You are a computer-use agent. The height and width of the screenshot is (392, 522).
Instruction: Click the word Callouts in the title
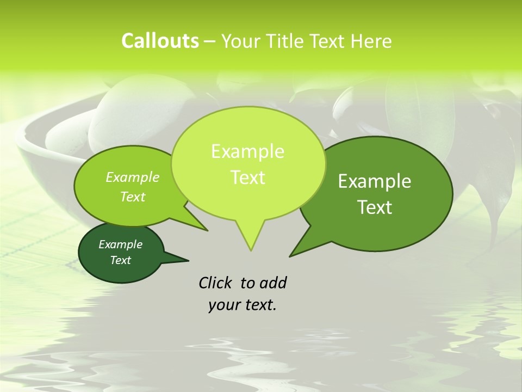tap(160, 41)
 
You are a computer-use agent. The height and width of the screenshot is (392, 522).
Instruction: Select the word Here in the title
tap(371, 41)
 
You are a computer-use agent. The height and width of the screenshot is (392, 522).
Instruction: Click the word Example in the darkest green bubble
tap(120, 244)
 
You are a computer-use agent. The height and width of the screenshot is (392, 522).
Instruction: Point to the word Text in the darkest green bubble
tap(120, 260)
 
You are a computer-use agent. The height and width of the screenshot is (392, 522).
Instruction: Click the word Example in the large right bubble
tap(375, 181)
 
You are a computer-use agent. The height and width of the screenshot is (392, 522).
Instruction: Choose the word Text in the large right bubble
tap(375, 207)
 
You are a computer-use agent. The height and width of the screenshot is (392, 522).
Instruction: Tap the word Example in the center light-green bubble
tap(247, 151)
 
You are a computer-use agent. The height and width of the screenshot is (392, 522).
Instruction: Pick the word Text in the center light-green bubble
tap(247, 177)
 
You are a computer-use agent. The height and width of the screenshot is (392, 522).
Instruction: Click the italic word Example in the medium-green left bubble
tap(132, 177)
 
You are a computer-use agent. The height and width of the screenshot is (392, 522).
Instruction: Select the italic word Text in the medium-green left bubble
tap(132, 197)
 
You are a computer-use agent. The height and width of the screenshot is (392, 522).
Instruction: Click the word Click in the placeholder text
tap(216, 283)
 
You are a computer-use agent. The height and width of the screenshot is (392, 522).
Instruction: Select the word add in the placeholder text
tap(273, 283)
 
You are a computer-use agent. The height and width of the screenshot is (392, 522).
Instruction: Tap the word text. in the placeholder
tap(259, 305)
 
